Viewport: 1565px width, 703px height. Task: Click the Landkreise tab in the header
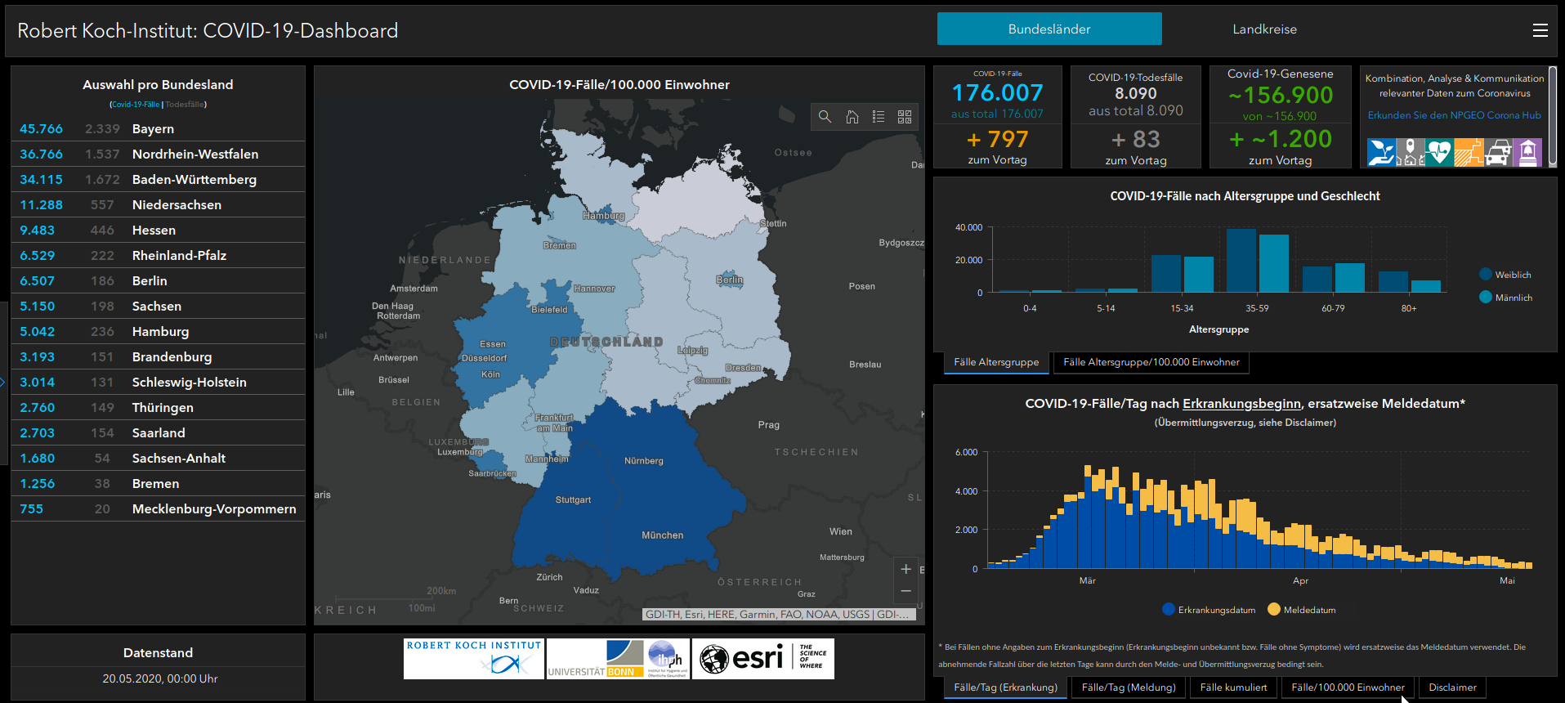[1264, 29]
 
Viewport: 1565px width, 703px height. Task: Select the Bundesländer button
[1049, 29]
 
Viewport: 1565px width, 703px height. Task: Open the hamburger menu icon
[1540, 30]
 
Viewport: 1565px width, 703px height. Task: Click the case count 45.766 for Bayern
[41, 129]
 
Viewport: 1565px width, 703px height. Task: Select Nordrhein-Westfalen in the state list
[195, 154]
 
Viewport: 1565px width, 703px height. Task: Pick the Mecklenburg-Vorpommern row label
[213, 509]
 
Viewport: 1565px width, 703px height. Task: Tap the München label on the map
[662, 535]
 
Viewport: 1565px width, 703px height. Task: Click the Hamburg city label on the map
[603, 216]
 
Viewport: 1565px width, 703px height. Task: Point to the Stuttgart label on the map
[573, 499]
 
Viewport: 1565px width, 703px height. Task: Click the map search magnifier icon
[825, 117]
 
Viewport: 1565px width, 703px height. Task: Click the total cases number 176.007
[997, 93]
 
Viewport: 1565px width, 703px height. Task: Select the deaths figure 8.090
[1135, 94]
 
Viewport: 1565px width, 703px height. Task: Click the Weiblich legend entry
[1512, 275]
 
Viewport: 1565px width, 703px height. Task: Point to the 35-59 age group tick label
[1257, 308]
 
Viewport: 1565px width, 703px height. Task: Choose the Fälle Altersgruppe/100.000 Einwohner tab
[1151, 362]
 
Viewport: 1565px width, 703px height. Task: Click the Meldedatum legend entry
[1308, 610]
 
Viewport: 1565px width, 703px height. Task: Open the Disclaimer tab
[1452, 687]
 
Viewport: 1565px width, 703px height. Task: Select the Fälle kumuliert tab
[1233, 687]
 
